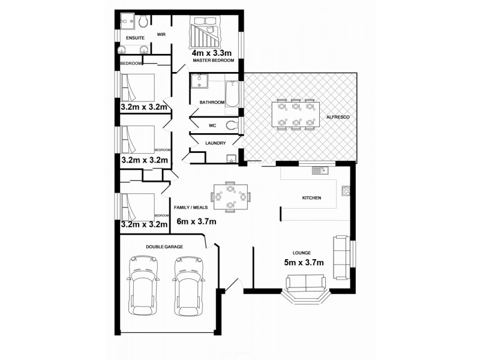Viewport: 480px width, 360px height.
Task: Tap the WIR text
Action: click(x=161, y=35)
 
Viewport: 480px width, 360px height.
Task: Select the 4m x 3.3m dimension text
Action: click(x=212, y=53)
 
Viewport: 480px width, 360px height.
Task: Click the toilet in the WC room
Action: click(x=232, y=125)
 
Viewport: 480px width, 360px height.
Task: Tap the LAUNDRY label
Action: click(x=215, y=143)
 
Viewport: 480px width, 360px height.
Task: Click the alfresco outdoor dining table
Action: click(x=294, y=114)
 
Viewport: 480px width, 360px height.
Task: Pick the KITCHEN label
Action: click(x=311, y=198)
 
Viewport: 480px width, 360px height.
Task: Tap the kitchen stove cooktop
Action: click(x=346, y=191)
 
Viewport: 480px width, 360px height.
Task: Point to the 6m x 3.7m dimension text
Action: click(x=196, y=221)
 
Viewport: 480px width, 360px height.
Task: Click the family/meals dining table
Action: click(x=230, y=197)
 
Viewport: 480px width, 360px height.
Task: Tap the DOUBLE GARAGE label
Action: click(x=164, y=247)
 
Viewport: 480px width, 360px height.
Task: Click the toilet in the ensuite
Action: click(x=143, y=22)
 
